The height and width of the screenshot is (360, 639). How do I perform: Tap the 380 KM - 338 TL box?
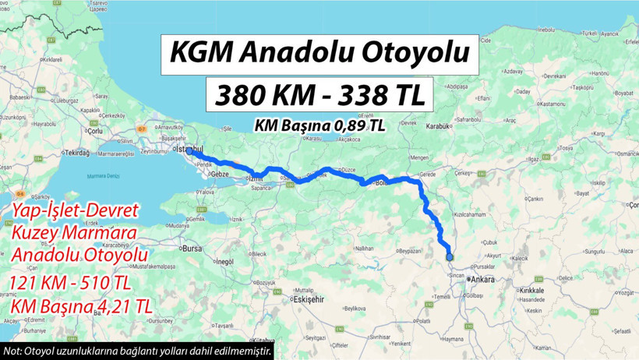319,95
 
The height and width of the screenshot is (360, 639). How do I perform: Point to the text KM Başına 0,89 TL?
319,125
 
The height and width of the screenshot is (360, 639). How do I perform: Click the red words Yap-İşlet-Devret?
75,210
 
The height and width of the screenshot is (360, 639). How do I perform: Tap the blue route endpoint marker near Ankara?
450,257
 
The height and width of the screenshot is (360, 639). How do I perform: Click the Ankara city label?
483,278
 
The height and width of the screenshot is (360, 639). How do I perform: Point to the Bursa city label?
191,249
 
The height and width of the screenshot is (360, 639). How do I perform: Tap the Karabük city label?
440,126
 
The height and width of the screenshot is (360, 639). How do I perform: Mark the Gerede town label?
427,174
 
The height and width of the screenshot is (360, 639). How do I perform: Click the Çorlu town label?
96,132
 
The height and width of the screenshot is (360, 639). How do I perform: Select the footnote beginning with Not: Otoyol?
137,351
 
